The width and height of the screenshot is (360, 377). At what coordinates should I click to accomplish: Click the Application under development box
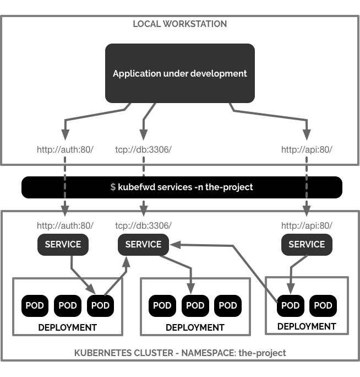pos(179,73)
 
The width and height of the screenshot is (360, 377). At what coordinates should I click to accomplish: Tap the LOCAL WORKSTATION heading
pos(179,24)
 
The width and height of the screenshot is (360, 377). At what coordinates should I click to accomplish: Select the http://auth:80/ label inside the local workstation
pos(65,149)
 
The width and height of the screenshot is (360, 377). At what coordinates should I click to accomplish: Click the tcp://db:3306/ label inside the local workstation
pos(143,149)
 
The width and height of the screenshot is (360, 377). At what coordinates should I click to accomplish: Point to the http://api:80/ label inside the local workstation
pos(307,149)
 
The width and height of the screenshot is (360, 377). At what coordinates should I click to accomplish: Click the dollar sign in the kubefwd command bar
pos(113,187)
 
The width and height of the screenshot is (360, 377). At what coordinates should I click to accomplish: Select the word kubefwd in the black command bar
pos(137,187)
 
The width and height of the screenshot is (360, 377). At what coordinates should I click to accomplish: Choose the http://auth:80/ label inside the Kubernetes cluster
pos(65,225)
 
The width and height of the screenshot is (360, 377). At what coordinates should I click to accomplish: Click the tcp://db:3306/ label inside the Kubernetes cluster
pos(143,225)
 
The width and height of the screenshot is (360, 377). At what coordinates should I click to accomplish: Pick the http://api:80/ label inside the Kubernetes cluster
pos(307,225)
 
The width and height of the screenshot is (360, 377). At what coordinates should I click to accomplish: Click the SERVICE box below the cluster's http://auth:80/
pos(63,245)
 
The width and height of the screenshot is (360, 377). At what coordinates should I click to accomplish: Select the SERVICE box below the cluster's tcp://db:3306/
pos(143,245)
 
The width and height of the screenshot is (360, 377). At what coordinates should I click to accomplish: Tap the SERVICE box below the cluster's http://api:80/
pos(307,245)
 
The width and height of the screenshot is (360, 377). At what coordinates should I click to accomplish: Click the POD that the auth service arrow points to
pos(101,305)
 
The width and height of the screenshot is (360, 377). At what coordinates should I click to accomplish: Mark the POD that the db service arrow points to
pos(195,305)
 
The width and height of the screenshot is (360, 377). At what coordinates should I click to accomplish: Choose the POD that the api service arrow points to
pos(290,305)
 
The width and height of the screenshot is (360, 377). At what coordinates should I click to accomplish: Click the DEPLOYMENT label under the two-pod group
pos(307,326)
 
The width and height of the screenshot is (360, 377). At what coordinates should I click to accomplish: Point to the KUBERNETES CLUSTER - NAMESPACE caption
pos(180,353)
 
